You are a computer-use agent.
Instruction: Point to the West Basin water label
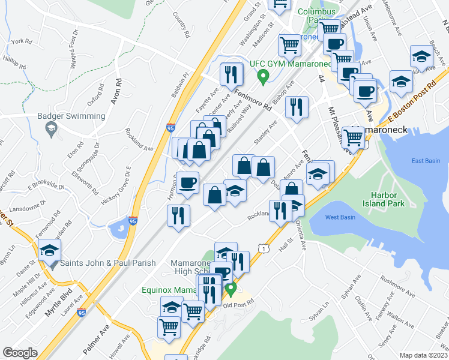pyautogui.click(x=340, y=217)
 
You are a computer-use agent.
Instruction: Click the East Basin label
pyautogui.click(x=425, y=160)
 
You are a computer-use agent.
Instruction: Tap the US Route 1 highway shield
pyautogui.click(x=262, y=247)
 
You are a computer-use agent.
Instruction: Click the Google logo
pyautogui.click(x=20, y=353)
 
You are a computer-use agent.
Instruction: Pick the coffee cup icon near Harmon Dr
pyautogui.click(x=188, y=182)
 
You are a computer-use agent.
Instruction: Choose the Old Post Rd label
pyautogui.click(x=240, y=303)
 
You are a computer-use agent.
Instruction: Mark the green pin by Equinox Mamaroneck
pyautogui.click(x=231, y=290)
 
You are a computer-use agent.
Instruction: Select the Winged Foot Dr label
pyautogui.click(x=74, y=48)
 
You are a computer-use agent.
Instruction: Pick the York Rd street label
pyautogui.click(x=20, y=41)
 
